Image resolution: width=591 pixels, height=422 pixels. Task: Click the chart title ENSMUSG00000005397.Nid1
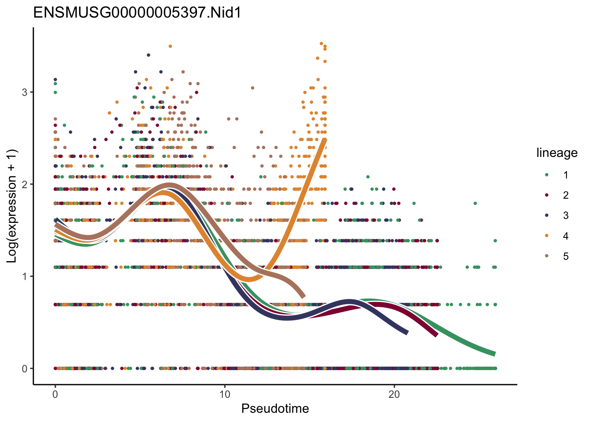tap(137, 13)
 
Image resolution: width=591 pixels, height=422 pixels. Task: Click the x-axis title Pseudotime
tap(275, 409)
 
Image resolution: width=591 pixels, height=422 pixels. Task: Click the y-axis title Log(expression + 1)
tap(12, 206)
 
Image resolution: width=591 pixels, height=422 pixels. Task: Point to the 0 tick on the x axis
tap(55, 394)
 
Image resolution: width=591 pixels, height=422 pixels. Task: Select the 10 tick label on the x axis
tap(225, 394)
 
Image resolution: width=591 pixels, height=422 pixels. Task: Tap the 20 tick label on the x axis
tap(394, 394)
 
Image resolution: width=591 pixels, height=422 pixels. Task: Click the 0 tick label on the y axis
tap(25, 369)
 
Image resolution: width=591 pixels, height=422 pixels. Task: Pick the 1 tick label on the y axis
tap(25, 276)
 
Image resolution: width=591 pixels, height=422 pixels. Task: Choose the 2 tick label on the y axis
tap(25, 184)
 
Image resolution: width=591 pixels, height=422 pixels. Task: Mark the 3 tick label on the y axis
tap(25, 92)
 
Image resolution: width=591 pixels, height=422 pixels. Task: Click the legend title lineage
tap(557, 153)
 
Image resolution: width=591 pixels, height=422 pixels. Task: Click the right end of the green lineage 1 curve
tap(495, 354)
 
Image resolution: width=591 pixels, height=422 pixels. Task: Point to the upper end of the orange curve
tap(325, 140)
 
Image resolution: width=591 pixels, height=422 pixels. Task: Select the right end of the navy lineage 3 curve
tap(407, 332)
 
